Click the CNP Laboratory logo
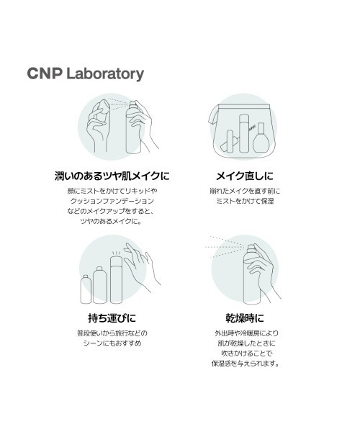click(85, 73)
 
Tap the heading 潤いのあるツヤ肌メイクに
click(112, 176)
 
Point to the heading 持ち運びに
click(112, 317)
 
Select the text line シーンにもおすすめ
click(112, 344)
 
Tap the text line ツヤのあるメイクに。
click(112, 222)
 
